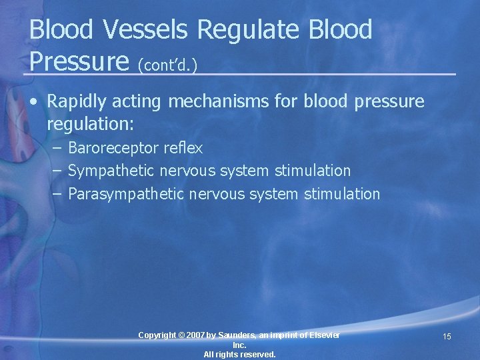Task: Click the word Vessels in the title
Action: (136, 30)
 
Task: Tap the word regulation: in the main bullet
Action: (91, 125)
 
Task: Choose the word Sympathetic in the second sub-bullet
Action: (112, 171)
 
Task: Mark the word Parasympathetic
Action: (127, 194)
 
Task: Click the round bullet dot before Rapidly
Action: (33, 103)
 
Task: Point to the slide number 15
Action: (447, 337)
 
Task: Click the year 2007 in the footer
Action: (197, 335)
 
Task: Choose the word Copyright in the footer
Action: (157, 335)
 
